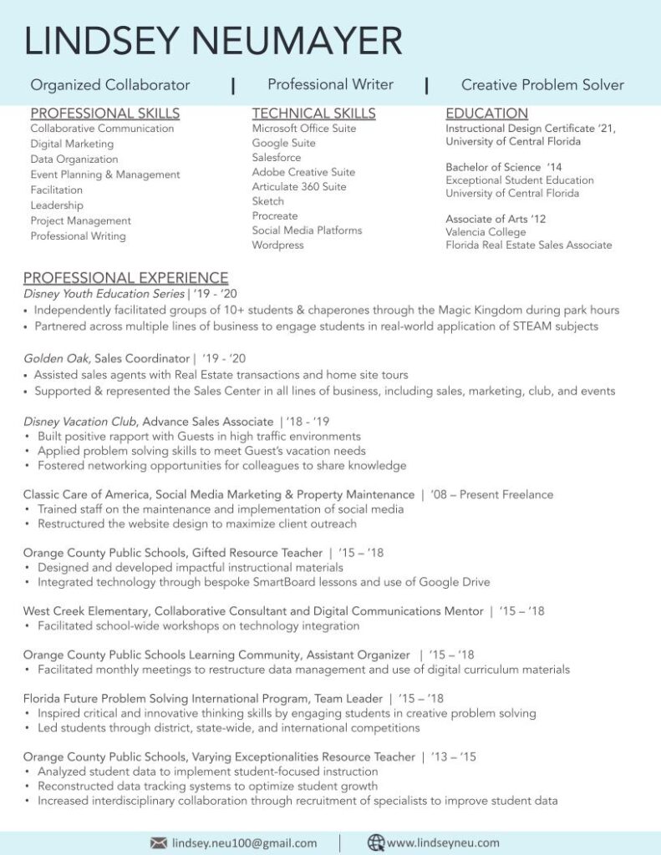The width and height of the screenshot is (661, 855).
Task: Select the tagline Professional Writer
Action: (330, 84)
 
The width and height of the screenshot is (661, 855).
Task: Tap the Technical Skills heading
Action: (313, 114)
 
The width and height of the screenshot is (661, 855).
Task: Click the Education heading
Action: (486, 114)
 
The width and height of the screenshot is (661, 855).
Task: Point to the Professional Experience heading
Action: (125, 278)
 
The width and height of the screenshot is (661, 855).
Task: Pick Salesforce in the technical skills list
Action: (277, 158)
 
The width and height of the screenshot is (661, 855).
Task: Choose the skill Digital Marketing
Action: (72, 144)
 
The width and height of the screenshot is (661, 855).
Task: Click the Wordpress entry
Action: (277, 245)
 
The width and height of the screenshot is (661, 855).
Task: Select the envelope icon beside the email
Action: (158, 842)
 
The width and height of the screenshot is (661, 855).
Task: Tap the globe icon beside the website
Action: (375, 842)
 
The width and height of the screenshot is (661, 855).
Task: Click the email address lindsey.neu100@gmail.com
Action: (244, 843)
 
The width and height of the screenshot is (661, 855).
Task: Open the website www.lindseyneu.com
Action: (443, 843)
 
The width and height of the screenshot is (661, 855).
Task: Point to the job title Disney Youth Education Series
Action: (104, 294)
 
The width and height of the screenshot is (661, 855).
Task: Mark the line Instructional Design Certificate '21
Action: (530, 129)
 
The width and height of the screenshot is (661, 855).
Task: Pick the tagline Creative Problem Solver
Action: (542, 85)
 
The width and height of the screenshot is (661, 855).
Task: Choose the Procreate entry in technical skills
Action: (275, 216)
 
